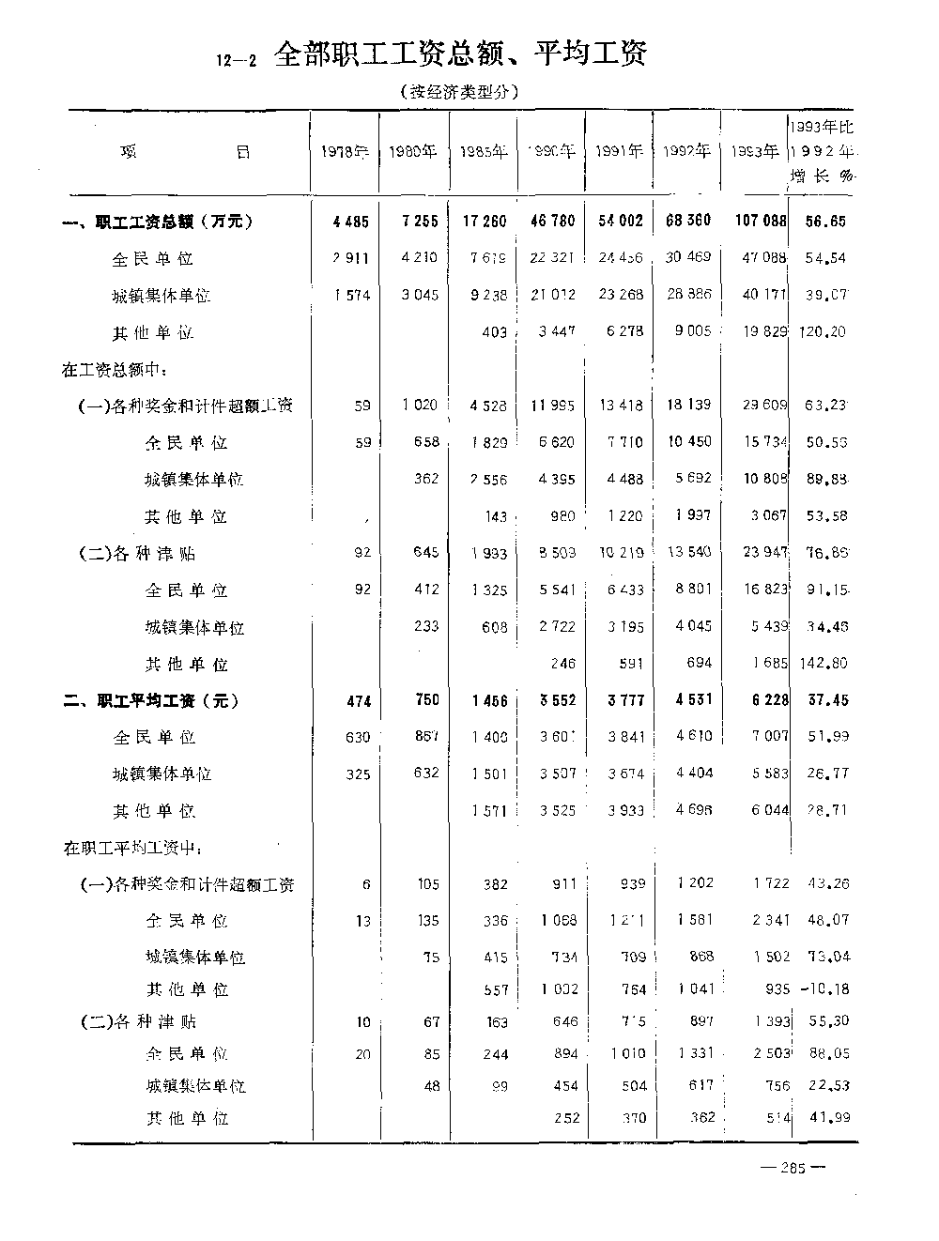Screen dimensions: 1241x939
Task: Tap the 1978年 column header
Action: pos(344,152)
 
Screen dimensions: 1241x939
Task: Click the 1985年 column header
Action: pos(484,152)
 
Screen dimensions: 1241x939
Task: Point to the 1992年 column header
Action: pos(686,152)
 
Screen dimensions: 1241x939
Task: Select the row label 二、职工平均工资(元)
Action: pos(151,701)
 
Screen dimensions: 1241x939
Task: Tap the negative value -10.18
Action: pos(824,988)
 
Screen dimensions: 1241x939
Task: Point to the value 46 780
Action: pos(553,222)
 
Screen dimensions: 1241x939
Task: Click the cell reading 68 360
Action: pos(687,222)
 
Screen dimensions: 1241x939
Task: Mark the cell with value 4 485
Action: pos(350,222)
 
